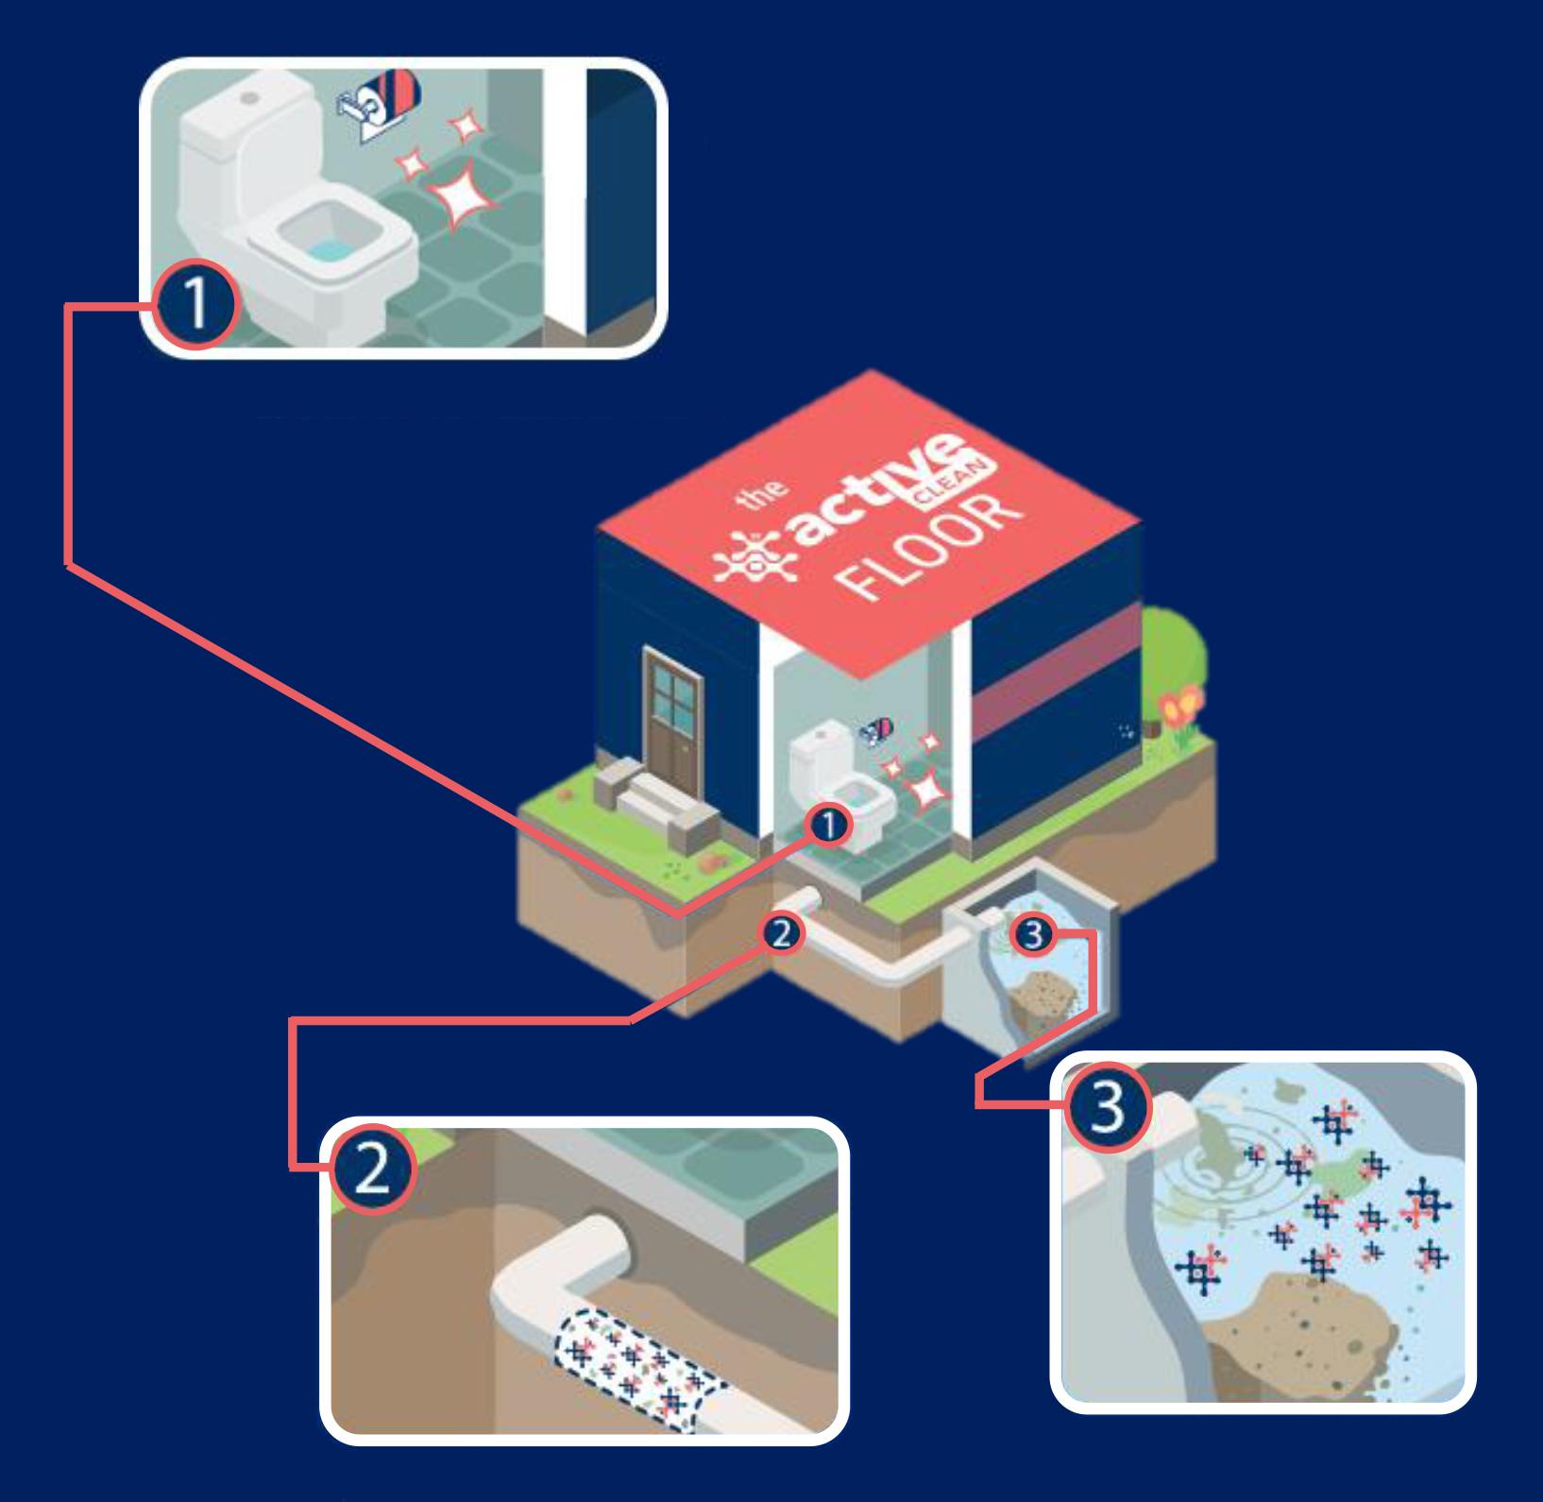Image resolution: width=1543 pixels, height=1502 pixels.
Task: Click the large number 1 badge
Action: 195,304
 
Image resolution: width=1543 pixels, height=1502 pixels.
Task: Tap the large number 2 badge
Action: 372,1169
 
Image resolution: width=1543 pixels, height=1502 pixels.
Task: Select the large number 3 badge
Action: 1108,1106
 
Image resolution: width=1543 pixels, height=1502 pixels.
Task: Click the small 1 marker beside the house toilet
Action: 828,825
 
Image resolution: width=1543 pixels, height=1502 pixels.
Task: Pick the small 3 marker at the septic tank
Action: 1033,934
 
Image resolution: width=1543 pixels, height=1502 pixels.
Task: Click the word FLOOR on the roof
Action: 930,548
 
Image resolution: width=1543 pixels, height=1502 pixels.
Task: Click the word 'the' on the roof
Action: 761,492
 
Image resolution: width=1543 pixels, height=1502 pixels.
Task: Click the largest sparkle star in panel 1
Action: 461,194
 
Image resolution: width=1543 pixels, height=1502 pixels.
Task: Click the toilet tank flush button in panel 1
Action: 249,98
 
